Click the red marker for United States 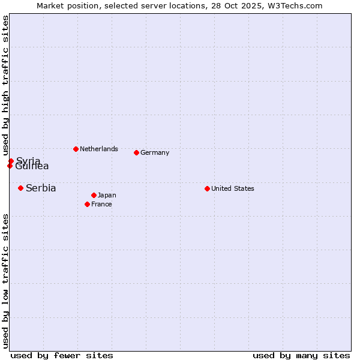[207, 188]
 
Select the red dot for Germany [136, 152]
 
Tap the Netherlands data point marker [76, 149]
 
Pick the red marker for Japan [94, 195]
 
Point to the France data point [87, 204]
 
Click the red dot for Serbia [20, 188]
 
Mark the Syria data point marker [11, 161]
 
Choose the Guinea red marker [10, 166]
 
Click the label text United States [233, 188]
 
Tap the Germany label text [155, 152]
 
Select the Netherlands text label [99, 149]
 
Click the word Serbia [41, 188]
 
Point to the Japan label [107, 195]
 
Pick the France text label [101, 204]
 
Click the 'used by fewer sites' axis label [62, 355]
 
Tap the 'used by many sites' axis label [301, 355]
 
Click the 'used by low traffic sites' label [5, 281]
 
